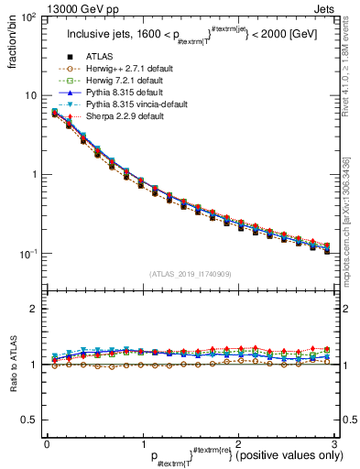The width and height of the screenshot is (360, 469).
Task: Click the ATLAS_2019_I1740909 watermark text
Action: click(190, 274)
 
